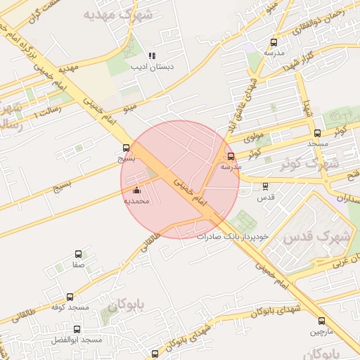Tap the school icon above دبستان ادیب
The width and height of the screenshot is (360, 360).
152,56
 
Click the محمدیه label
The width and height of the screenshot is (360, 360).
137,201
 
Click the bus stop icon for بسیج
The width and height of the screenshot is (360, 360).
126,148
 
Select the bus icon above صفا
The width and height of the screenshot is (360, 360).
77,255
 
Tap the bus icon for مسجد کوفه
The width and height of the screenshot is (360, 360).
70,297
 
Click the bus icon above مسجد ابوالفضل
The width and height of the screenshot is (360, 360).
77,329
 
